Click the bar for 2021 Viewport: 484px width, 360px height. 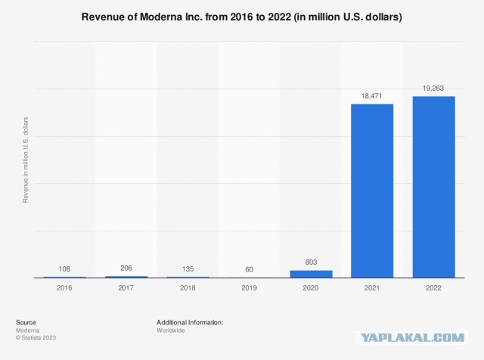(x=371, y=191)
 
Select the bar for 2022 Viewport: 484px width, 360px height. (x=433, y=187)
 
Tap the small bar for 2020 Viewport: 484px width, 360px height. (x=310, y=274)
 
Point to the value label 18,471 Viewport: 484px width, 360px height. (x=371, y=96)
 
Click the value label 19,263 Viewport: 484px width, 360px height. (x=433, y=88)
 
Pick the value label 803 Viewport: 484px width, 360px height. (x=310, y=262)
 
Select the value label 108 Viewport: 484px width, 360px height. (x=64, y=268)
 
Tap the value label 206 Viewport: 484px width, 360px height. (x=126, y=268)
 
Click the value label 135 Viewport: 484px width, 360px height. (x=188, y=268)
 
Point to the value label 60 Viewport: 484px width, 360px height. (x=249, y=269)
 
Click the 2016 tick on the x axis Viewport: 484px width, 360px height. (x=64, y=288)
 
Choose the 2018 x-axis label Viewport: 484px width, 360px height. (x=188, y=288)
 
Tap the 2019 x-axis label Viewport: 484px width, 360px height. (x=249, y=288)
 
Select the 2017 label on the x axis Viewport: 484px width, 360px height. (x=126, y=288)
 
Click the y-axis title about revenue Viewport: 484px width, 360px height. (x=25, y=159)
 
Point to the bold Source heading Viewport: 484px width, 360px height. (x=26, y=322)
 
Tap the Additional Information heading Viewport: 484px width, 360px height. (x=190, y=322)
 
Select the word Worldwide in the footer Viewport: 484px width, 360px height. (x=172, y=330)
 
